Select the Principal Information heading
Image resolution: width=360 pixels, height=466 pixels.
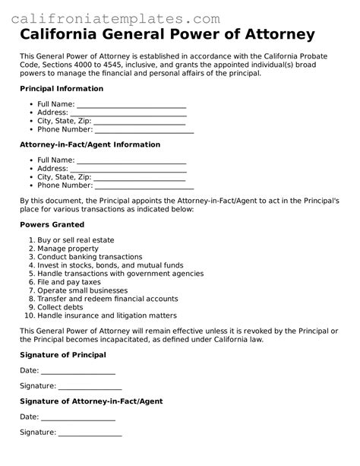62,89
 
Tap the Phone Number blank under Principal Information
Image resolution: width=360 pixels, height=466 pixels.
144,130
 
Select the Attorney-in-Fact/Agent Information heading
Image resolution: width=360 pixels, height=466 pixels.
90,144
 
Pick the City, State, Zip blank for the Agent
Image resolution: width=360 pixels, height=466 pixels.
138,177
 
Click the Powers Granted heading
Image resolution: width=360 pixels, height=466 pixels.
52,225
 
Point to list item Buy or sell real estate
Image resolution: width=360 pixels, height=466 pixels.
76,240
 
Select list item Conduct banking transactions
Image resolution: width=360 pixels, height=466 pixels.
90,257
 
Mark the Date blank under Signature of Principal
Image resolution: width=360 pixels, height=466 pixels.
77,370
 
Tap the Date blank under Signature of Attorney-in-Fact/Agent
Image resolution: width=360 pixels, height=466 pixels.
77,417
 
